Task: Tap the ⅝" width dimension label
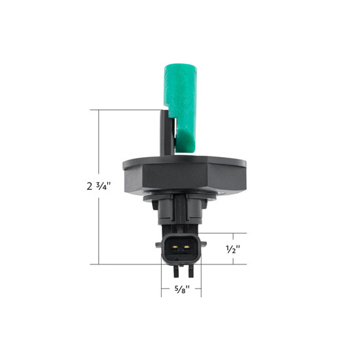pos(181,288)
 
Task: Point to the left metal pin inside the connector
pos(175,249)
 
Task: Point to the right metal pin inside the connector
pos(187,249)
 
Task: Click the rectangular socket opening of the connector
pos(181,249)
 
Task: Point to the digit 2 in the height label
pos(89,186)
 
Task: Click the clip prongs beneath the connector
pos(181,268)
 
